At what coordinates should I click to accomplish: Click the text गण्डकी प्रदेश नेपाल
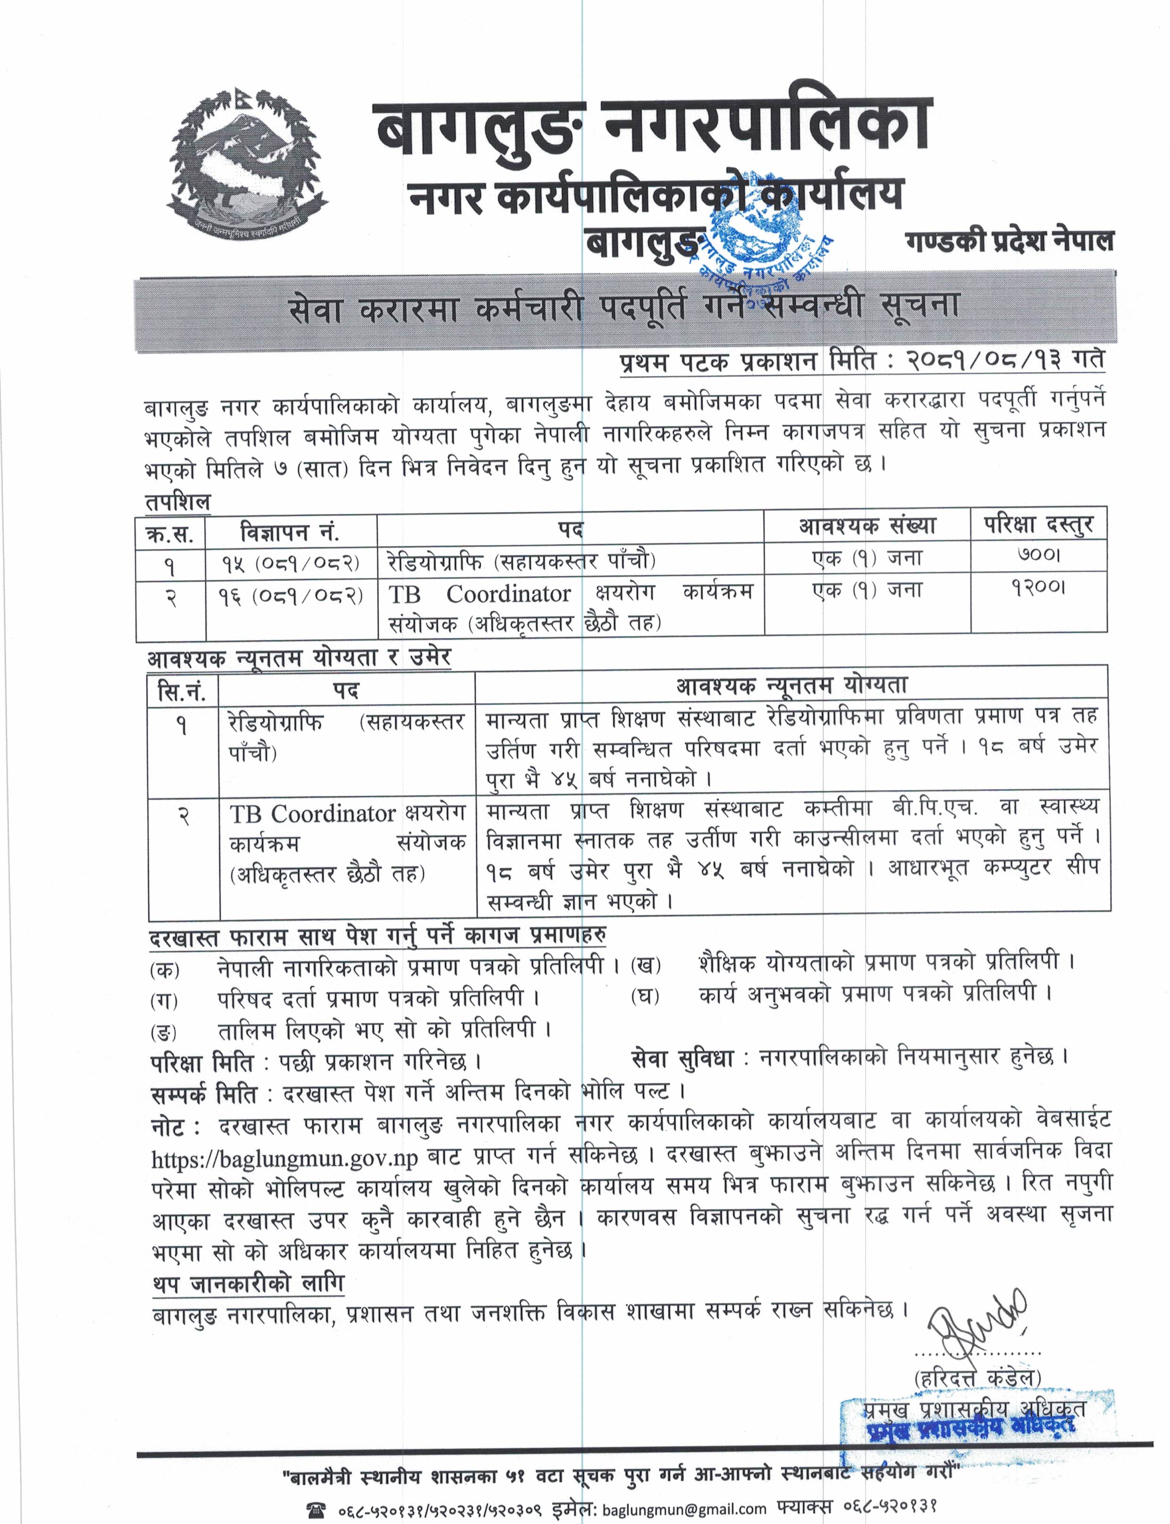click(x=1009, y=241)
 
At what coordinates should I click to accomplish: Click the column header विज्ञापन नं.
click(x=290, y=533)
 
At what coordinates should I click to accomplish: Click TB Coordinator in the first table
click(x=479, y=594)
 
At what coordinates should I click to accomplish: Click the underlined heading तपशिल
click(x=177, y=502)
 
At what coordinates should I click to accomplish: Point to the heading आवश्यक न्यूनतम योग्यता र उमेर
click(x=299, y=658)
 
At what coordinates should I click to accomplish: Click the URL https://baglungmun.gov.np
click(x=284, y=1158)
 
